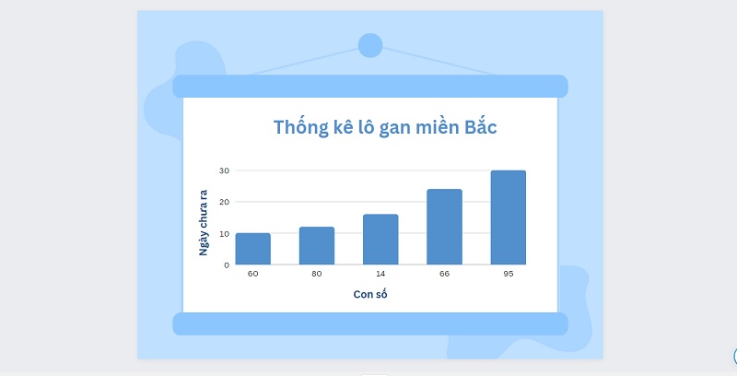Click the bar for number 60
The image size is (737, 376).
point(252,249)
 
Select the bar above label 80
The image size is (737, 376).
point(317,246)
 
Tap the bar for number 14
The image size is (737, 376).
point(380,240)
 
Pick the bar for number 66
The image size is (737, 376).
point(445,227)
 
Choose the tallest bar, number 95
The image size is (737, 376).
point(509,217)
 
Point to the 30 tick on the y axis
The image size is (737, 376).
point(224,170)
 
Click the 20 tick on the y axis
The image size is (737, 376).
point(224,202)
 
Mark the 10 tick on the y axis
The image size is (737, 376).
point(224,233)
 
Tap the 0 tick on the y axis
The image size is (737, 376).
point(227,265)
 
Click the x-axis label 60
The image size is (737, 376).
point(252,274)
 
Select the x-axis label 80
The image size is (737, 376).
point(317,274)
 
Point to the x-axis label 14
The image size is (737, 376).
point(380,274)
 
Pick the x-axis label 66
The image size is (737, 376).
point(445,274)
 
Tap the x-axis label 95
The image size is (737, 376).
point(509,274)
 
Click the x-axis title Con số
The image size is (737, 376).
point(370,294)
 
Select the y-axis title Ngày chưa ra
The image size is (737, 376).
point(203,223)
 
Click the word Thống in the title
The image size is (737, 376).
point(301,127)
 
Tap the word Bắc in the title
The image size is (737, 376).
point(481,126)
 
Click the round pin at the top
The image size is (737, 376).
point(370,45)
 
